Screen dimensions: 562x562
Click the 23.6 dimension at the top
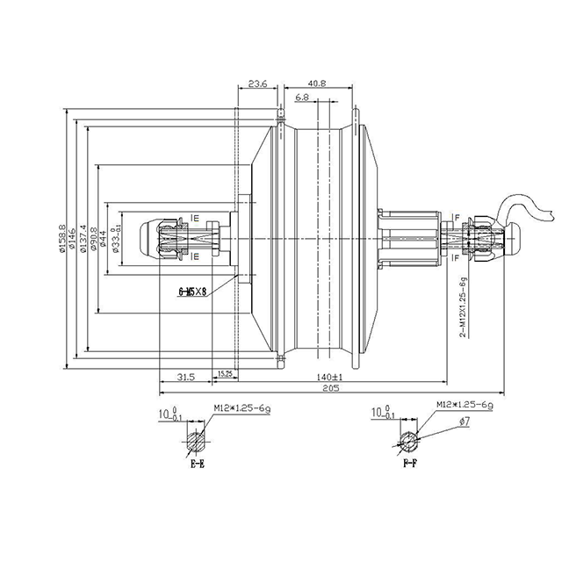(257, 83)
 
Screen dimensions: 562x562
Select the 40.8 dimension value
(318, 83)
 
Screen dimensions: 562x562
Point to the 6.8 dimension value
(302, 96)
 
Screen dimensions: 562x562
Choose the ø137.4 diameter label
(83, 239)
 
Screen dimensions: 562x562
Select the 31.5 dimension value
(184, 377)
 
